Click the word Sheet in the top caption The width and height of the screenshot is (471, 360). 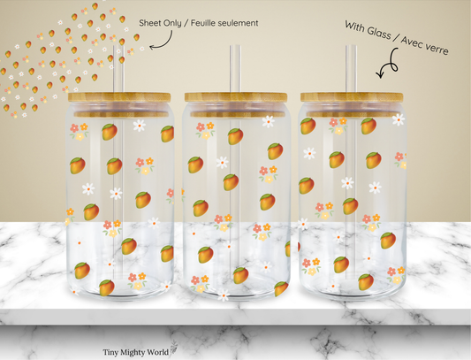click(149, 23)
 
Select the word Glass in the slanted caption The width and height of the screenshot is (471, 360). click(379, 32)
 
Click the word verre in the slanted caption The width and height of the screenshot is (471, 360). click(437, 49)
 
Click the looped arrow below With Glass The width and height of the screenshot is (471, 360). click(390, 63)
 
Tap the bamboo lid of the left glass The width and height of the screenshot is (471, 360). click(119, 98)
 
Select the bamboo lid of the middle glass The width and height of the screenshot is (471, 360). click(236, 98)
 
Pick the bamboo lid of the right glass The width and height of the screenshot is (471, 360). click(352, 98)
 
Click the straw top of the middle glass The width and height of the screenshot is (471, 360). click(235, 47)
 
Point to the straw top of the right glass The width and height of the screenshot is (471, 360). click(351, 47)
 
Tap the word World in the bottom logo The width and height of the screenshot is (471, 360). click(158, 352)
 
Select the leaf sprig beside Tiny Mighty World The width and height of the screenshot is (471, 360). click(173, 349)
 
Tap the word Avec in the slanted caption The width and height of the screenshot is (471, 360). click(412, 42)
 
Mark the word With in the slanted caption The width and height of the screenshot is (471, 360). click(355, 27)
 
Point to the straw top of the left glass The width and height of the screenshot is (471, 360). click(118, 47)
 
